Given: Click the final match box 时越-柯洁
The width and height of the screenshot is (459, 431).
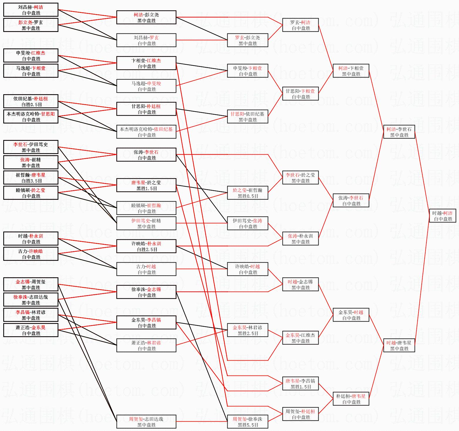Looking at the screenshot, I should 443,216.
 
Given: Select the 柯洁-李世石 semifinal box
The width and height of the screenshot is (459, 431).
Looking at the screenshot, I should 399,132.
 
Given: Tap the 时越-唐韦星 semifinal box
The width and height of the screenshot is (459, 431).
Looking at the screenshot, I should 399,346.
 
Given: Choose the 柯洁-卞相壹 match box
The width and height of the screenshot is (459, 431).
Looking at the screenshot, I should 351,71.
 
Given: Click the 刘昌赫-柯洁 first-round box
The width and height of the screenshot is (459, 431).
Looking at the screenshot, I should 31,10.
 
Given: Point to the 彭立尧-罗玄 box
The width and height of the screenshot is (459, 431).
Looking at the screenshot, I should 31,25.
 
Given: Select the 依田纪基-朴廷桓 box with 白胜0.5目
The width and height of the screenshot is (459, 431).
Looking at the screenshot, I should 31,102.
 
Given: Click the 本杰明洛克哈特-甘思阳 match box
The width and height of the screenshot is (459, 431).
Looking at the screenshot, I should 31,117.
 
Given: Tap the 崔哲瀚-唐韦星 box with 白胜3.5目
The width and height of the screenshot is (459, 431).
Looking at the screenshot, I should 31,178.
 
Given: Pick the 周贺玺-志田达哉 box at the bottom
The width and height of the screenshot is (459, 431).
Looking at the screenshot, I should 146,422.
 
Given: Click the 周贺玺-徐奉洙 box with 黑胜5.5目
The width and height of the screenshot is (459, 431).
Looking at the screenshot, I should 248,422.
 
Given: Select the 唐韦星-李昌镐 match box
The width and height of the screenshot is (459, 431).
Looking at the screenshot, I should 300,384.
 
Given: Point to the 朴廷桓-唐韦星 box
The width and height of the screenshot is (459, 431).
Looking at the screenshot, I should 351,399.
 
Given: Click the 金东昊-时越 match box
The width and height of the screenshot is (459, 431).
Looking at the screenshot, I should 351,315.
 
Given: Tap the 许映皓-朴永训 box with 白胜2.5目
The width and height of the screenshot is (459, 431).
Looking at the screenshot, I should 146,246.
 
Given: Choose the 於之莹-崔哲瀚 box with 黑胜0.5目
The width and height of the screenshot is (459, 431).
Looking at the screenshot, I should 248,193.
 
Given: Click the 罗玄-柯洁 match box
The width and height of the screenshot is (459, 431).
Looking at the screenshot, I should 300,25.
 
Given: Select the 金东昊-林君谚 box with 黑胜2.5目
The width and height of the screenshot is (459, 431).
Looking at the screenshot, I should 248,330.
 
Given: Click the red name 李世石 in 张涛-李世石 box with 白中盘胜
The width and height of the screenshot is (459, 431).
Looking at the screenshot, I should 152,152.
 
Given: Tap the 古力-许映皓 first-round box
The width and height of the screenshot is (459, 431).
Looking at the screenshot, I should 31,254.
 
